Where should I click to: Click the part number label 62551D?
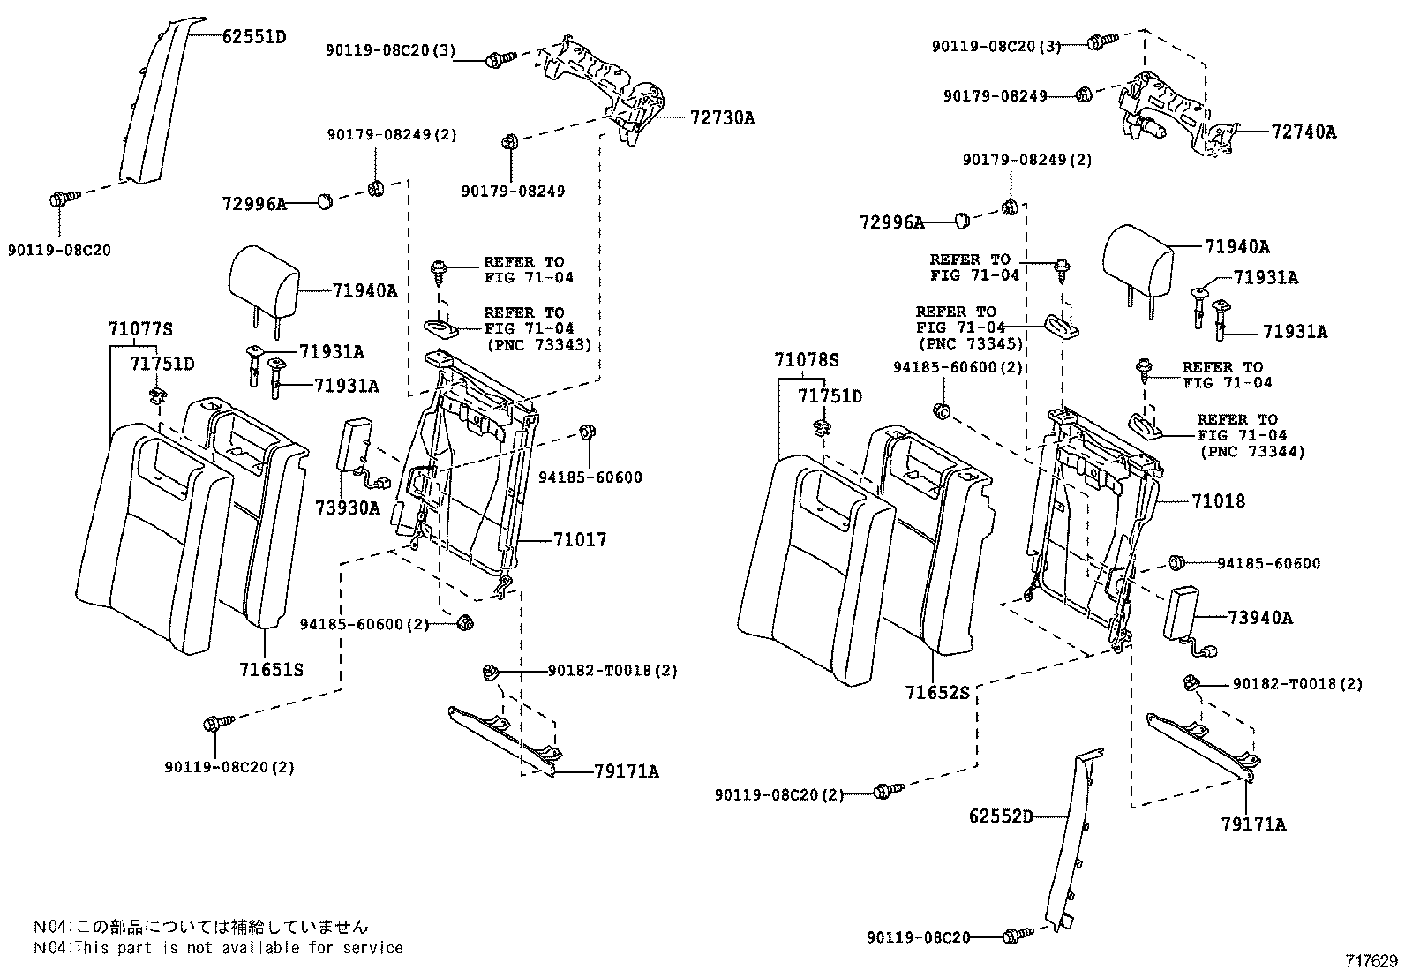[x=254, y=36]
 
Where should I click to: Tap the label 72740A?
[x=1304, y=132]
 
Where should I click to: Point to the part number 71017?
[x=580, y=539]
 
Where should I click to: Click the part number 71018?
[x=1218, y=501]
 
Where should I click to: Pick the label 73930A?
[x=347, y=508]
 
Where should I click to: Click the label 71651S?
[x=271, y=670]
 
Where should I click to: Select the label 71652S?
[x=936, y=693]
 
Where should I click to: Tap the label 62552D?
[x=1000, y=816]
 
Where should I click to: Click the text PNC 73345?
[x=969, y=343]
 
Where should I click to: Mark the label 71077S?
[x=140, y=330]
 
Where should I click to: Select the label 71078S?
[x=806, y=360]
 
